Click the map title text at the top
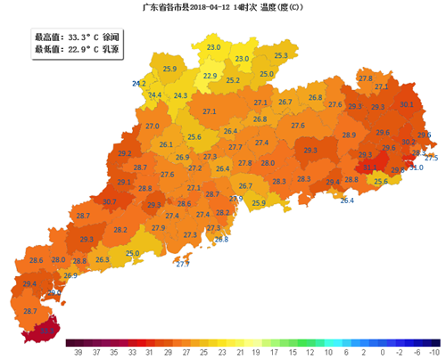point(223,7)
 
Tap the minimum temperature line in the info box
point(65,50)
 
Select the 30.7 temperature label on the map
point(110,202)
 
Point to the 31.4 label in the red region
point(369,167)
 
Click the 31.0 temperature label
point(417,168)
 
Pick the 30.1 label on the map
point(407,105)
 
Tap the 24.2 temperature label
point(139,84)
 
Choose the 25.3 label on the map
point(281,56)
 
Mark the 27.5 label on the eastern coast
point(431,158)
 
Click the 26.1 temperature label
point(166,145)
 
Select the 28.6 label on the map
point(37,260)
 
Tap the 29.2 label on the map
point(125,153)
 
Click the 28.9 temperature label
point(350,135)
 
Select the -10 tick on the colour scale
point(434,352)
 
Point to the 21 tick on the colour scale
point(240,352)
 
